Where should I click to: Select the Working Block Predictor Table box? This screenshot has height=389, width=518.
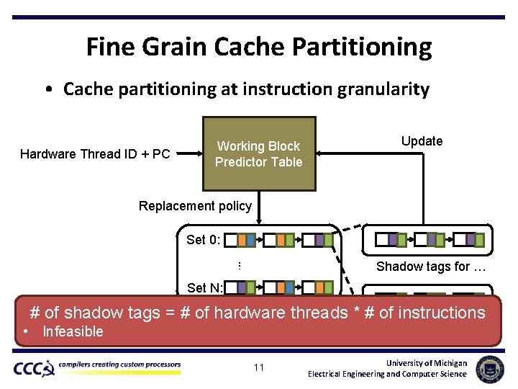[x=258, y=153]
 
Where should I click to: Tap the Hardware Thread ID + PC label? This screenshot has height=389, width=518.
[x=95, y=153]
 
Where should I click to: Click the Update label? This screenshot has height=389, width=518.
[x=422, y=141]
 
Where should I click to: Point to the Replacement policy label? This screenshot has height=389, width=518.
[x=195, y=206]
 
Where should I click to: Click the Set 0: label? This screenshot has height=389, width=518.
[x=204, y=240]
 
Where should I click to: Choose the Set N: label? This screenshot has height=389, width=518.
[x=204, y=288]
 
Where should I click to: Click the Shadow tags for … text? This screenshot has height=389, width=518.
[x=431, y=267]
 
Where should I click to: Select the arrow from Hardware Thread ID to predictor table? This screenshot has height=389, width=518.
[x=188, y=153]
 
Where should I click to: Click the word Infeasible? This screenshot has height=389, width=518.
[x=73, y=332]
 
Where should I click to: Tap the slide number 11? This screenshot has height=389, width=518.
[x=259, y=368]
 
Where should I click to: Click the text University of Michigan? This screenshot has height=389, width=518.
[x=426, y=362]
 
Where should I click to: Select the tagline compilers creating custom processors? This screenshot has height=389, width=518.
[x=119, y=365]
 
